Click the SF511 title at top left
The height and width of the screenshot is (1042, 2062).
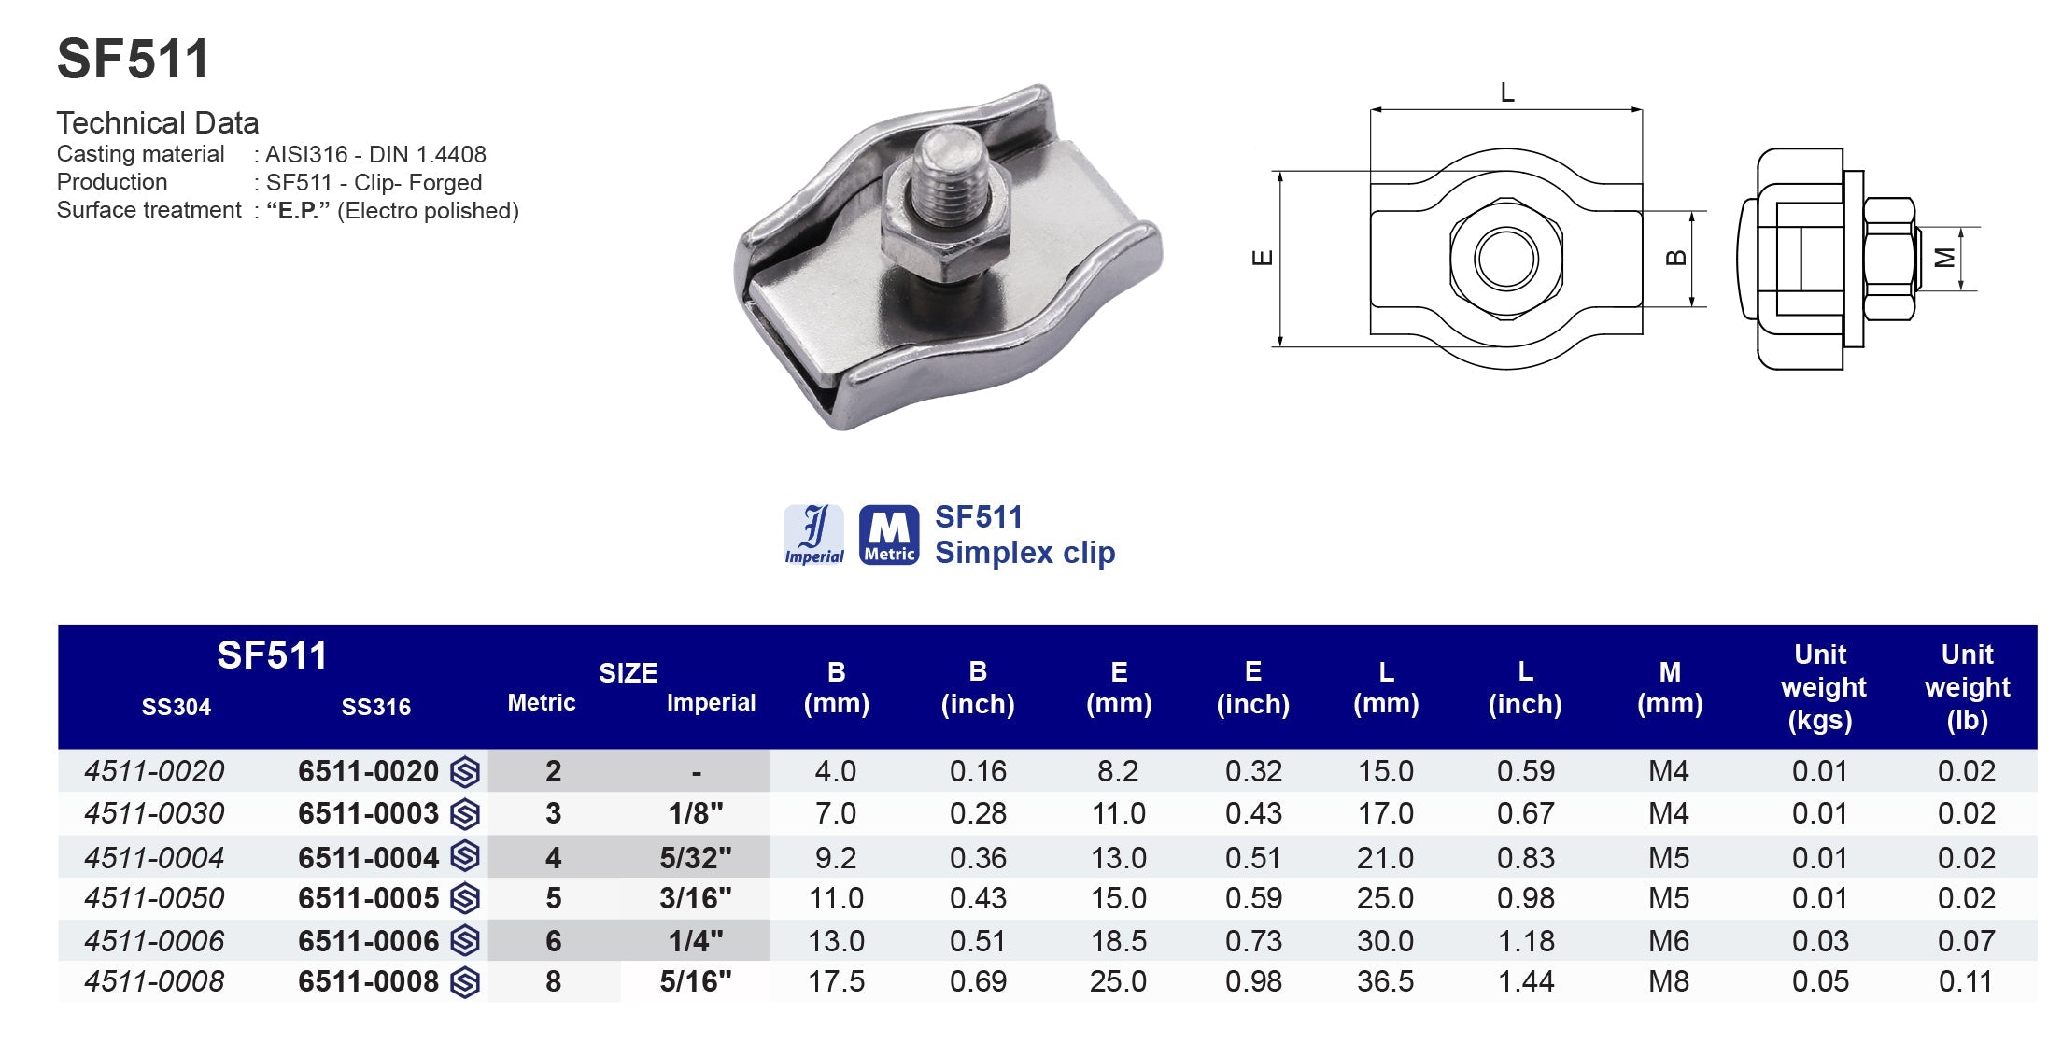pos(133,60)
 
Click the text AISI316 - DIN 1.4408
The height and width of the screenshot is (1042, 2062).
pos(375,154)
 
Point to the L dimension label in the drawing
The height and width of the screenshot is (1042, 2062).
pos(1506,92)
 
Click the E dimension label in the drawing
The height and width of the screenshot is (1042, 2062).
pos(1262,258)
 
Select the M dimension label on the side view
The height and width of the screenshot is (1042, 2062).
pos(1945,258)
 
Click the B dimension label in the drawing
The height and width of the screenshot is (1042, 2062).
pos(1676,258)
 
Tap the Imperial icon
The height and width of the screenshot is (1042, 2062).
pos(813,535)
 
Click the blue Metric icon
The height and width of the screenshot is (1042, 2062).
pos(888,535)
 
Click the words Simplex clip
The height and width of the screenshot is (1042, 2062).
pos(1024,553)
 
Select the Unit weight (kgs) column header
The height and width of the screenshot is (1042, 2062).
pos(1822,687)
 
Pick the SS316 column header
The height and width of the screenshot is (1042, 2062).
pos(375,707)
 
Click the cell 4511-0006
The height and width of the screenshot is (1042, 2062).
pos(154,941)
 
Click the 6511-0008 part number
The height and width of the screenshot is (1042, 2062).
pos(368,981)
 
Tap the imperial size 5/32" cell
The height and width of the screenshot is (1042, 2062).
pos(696,857)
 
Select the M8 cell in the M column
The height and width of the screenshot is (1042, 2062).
pos(1668,981)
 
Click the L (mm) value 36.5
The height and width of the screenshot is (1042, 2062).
pos(1385,981)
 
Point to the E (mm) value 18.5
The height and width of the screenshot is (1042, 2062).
pos(1118,941)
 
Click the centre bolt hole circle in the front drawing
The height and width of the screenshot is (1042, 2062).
pos(1505,259)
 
